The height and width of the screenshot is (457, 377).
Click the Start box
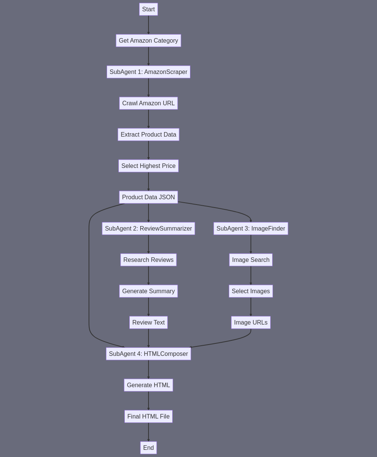tap(149, 9)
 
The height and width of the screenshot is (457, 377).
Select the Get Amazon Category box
tap(149, 40)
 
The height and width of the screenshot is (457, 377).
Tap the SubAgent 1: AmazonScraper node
tap(149, 72)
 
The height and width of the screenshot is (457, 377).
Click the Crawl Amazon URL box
tap(149, 103)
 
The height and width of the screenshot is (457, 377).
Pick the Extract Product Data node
tap(149, 134)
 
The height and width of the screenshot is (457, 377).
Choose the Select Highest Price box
tap(149, 166)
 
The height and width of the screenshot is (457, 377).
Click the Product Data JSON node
tap(149, 197)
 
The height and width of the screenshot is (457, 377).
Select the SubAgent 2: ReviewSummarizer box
tap(149, 228)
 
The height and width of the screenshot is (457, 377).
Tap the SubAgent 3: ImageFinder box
tap(251, 228)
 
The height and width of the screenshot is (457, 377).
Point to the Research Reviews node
tap(149, 260)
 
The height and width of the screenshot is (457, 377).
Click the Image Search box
tap(251, 260)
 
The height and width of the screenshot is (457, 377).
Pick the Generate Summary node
tap(149, 291)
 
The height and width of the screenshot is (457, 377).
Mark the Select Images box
tap(251, 291)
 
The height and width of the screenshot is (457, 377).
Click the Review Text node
tap(149, 322)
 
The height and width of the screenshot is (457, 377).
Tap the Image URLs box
tap(251, 322)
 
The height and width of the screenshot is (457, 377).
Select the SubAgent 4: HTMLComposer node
tap(149, 354)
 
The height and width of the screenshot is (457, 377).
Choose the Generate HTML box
tap(149, 385)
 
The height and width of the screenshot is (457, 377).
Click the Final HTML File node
tap(149, 416)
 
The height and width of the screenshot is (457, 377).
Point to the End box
tap(149, 447)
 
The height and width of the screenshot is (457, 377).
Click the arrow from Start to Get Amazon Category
tap(149, 25)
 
